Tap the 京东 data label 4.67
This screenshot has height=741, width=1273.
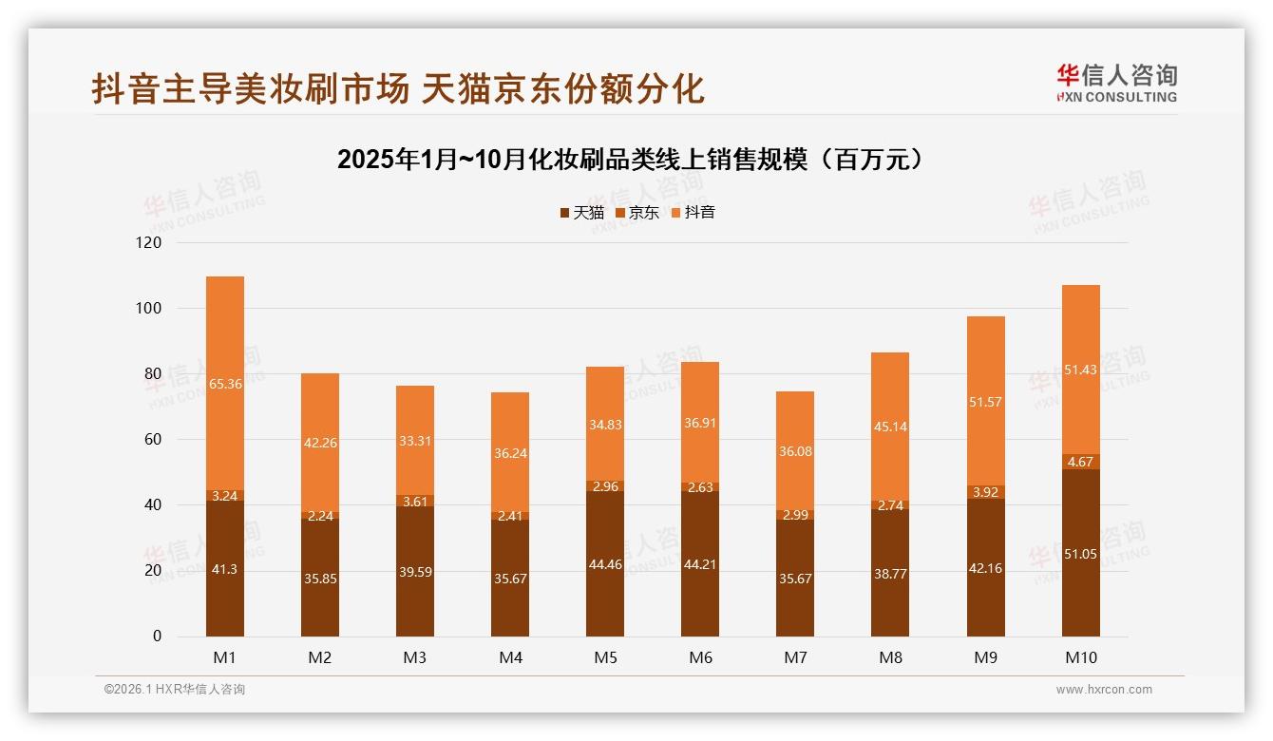1080,462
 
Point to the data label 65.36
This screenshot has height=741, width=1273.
225,385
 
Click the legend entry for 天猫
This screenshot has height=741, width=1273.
581,213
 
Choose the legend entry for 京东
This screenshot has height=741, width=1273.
637,213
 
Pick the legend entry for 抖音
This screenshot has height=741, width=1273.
693,213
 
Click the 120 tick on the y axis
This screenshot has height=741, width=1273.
150,243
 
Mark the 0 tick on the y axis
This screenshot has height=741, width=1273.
157,636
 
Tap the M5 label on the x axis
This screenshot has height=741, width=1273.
605,657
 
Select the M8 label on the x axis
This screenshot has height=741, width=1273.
890,657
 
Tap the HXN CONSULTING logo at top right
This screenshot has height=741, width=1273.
1116,84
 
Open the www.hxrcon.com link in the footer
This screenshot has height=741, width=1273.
1104,690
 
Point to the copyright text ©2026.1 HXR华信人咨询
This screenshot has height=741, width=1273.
174,690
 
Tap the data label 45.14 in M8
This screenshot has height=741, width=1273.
890,427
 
